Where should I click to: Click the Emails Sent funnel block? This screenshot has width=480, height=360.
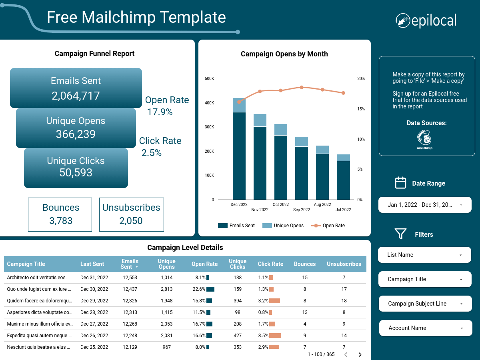76,88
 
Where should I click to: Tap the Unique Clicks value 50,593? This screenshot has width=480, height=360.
76,173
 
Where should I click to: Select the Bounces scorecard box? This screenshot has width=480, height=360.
60,214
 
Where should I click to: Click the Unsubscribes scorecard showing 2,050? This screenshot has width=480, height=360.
131,214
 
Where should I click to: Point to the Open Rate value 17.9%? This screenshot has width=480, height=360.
160,112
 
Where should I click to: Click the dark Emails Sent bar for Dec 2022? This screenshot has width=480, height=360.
239,156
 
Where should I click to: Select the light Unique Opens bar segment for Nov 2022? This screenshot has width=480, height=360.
260,120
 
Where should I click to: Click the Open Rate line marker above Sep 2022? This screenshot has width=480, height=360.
302,87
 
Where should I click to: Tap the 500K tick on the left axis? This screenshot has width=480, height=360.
209,78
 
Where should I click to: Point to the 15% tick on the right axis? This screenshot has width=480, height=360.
360,109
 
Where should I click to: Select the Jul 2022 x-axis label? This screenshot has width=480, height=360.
343,210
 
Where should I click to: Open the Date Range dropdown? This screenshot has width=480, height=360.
425,205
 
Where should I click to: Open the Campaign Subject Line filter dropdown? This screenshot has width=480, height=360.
425,304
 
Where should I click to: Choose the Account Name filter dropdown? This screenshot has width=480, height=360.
425,328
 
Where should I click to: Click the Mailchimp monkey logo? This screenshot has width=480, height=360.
424,138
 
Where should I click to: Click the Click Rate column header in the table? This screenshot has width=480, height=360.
270,264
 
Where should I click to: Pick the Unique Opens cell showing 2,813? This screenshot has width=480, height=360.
166,289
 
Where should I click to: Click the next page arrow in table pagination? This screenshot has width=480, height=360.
360,354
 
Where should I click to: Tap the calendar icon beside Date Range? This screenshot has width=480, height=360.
400,183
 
